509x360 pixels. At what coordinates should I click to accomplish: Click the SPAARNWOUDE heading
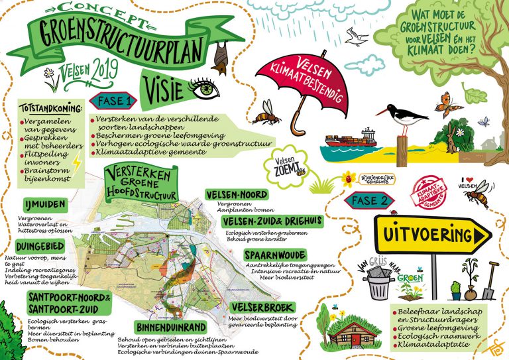point(274,255)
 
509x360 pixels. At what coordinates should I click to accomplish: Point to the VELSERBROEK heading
point(259,307)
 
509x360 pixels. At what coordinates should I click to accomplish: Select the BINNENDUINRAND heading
point(167,328)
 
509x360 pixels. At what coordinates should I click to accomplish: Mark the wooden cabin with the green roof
point(341,328)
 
